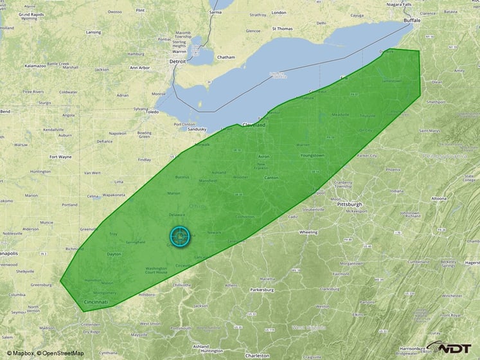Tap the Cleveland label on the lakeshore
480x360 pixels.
pyautogui.click(x=253, y=125)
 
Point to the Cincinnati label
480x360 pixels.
pyautogui.click(x=96, y=301)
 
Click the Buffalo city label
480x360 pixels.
pyautogui.click(x=411, y=21)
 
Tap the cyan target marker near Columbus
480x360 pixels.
pyautogui.click(x=181, y=237)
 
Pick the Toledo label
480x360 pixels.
pyautogui.click(x=152, y=112)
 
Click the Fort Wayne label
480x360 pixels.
pyautogui.click(x=62, y=156)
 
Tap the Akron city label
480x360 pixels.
pyautogui.click(x=263, y=156)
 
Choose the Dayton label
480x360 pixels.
pyautogui.click(x=114, y=255)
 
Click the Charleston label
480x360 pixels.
pyautogui.click(x=257, y=355)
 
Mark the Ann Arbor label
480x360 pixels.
pyautogui.click(x=139, y=67)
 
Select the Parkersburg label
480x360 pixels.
pyautogui.click(x=262, y=289)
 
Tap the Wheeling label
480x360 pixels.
pyautogui.click(x=308, y=232)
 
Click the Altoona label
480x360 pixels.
pyautogui.click(x=438, y=199)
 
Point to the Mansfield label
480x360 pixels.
pyautogui.click(x=208, y=181)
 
